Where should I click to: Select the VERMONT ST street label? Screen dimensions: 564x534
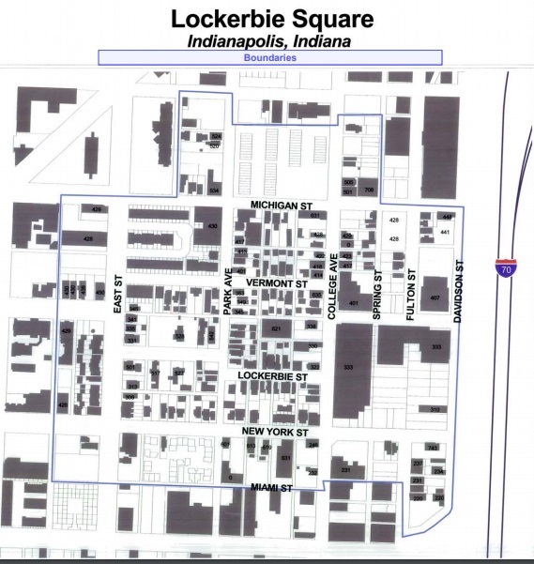coord(276,282)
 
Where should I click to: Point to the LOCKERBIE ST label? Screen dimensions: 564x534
coord(273,375)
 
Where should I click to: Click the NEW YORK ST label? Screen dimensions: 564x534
coord(275,432)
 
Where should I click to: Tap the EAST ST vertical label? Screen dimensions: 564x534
coord(119,294)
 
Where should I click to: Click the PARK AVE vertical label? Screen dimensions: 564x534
coord(227,291)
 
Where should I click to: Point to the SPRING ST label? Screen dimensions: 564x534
coord(377,297)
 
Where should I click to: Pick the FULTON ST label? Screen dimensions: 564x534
coord(410,297)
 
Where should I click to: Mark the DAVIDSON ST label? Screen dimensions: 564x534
coord(459,292)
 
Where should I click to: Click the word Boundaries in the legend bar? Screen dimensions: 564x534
coord(270,57)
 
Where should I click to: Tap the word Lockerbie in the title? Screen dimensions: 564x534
coord(222,18)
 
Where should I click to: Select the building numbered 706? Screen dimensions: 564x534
coord(369,190)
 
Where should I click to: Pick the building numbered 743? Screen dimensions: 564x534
coord(432,447)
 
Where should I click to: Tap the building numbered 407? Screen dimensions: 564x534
coord(435,297)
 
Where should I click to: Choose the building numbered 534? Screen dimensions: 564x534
coord(214,191)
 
